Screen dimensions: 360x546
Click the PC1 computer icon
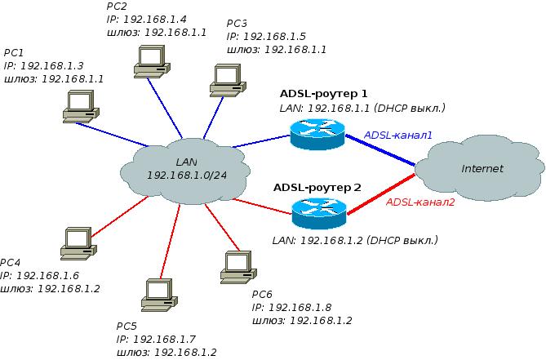(x=80, y=105)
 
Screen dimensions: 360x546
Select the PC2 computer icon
(x=150, y=59)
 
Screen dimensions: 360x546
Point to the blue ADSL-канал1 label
(x=397, y=135)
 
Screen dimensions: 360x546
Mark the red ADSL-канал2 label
(x=420, y=202)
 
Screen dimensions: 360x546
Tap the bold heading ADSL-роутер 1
(x=324, y=93)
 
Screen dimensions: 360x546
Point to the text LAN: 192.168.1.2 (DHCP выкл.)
(x=354, y=241)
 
